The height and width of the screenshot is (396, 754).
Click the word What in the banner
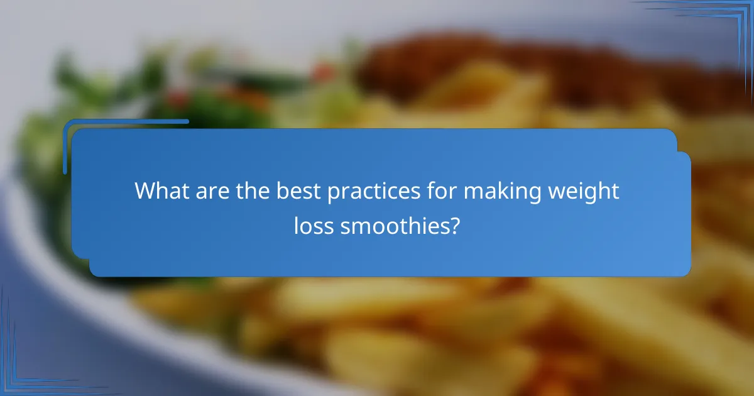tap(160, 191)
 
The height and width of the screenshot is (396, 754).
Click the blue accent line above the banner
tap(126, 121)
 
